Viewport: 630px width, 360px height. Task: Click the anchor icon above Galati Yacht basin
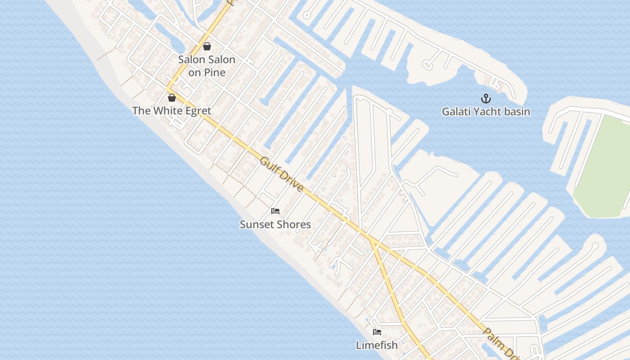point(486,99)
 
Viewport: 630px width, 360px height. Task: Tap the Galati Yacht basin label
point(486,112)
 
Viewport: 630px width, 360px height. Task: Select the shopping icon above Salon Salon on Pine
point(207,46)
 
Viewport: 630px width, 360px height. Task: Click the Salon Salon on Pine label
point(207,66)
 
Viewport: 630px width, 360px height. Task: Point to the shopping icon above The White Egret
point(171,98)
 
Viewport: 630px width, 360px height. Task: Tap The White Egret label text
point(171,111)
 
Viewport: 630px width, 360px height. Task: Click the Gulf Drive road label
point(282,174)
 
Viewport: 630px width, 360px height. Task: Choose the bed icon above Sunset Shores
point(275,211)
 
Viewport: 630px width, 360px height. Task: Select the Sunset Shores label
point(275,224)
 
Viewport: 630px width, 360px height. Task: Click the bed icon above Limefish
point(377,332)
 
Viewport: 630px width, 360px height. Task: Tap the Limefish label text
point(377,345)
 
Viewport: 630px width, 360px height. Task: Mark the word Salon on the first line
point(191,59)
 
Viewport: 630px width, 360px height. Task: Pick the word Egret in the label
point(197,111)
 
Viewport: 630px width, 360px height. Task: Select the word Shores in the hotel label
point(293,224)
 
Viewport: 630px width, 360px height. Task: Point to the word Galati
point(455,112)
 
